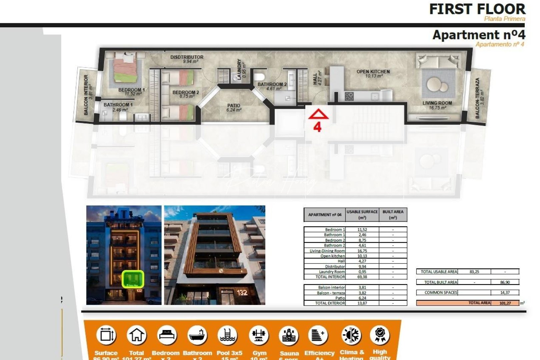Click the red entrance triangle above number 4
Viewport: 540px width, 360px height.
coord(318,114)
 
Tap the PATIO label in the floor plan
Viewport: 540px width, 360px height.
coord(233,106)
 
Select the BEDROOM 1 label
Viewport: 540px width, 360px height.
coord(131,90)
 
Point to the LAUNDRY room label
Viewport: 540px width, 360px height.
coord(239,69)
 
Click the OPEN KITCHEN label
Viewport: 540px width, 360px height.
coord(373,72)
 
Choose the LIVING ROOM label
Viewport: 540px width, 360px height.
coord(437,103)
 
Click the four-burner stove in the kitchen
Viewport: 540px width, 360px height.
coord(349,97)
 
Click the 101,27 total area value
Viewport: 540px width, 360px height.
coord(505,303)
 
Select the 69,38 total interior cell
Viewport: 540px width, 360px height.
coord(362,277)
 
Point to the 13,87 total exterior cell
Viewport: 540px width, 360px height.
coord(362,303)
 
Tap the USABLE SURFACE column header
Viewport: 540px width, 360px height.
coord(362,214)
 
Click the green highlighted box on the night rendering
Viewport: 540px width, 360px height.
coord(133,279)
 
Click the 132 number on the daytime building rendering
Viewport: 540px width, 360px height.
coord(242,293)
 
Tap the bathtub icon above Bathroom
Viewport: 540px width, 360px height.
coord(198,335)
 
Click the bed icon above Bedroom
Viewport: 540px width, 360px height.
coord(167,335)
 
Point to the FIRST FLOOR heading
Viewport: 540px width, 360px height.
coord(477,9)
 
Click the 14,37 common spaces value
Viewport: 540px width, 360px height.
coord(505,292)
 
